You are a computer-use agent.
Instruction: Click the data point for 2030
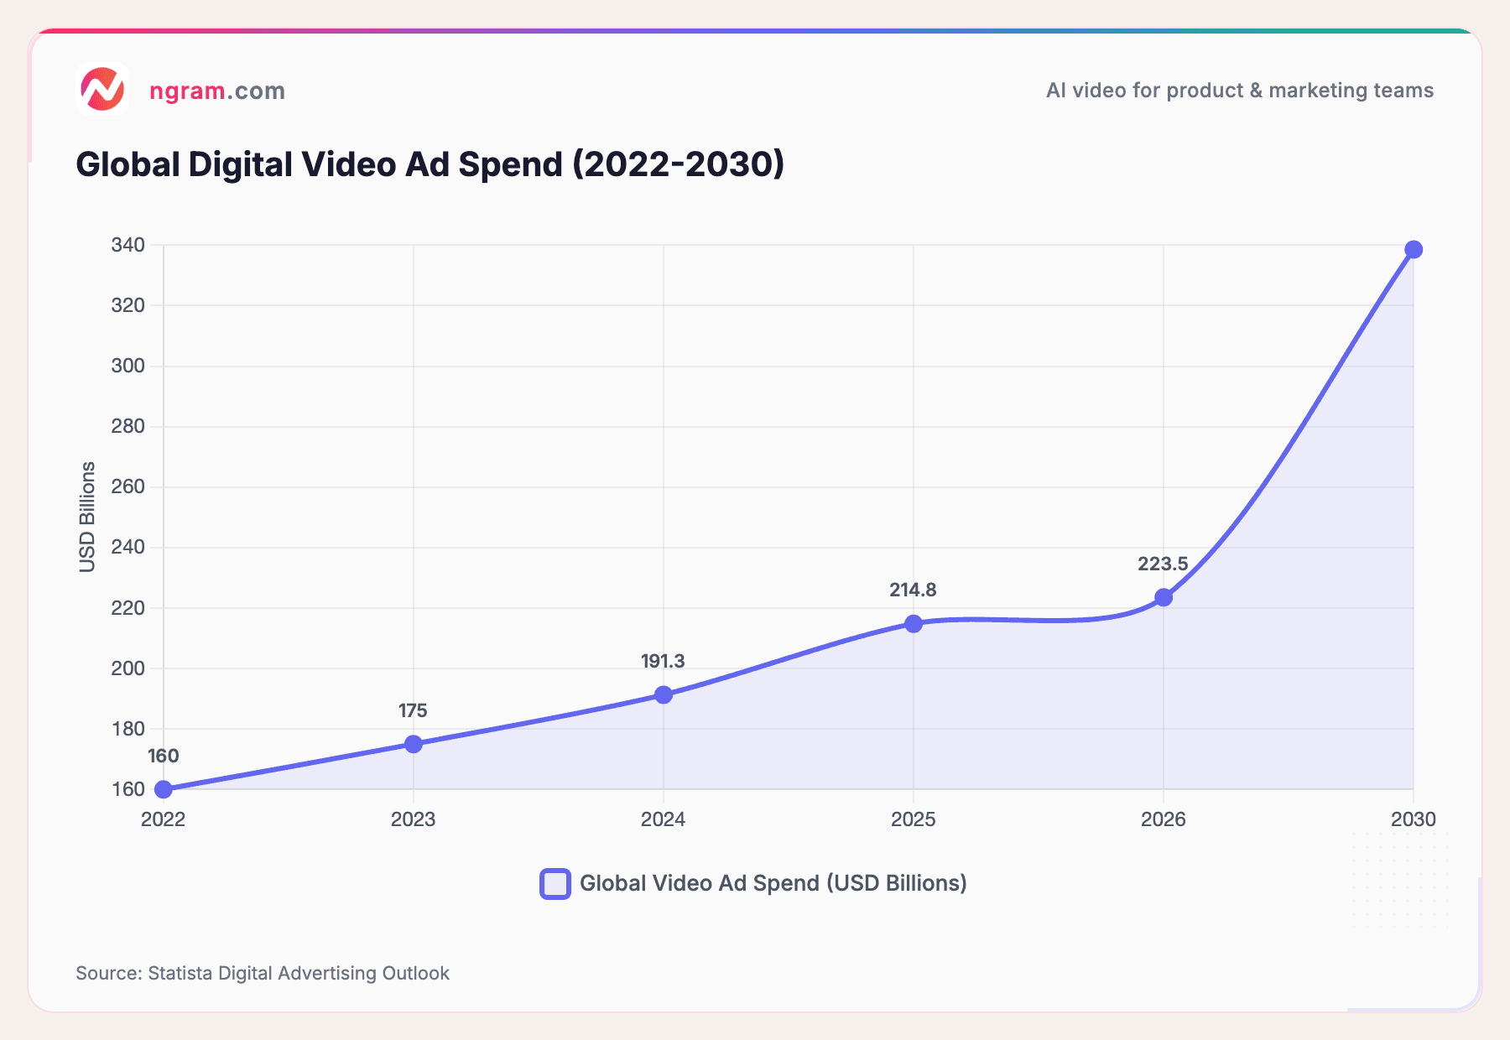1414,250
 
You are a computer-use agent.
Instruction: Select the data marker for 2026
1164,597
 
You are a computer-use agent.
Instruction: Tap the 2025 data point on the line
914,624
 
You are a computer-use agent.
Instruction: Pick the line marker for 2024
664,694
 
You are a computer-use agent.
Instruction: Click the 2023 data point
414,744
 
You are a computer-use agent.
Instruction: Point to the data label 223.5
1163,564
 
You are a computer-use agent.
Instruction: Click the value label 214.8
913,590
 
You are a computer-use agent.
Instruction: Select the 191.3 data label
663,662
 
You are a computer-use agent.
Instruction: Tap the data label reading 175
413,711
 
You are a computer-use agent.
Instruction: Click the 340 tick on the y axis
128,246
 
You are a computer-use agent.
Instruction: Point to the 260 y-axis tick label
128,487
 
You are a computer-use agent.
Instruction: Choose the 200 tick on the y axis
128,668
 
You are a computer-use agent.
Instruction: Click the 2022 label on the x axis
164,819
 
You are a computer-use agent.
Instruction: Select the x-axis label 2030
1414,819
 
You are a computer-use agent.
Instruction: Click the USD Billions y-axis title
87,517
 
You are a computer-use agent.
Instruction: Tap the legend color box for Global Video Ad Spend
555,884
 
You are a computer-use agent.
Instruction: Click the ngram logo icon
102,89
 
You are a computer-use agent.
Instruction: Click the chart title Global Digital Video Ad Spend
430,164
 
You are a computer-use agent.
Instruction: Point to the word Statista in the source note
180,973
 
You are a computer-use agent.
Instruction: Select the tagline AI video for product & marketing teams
1239,91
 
